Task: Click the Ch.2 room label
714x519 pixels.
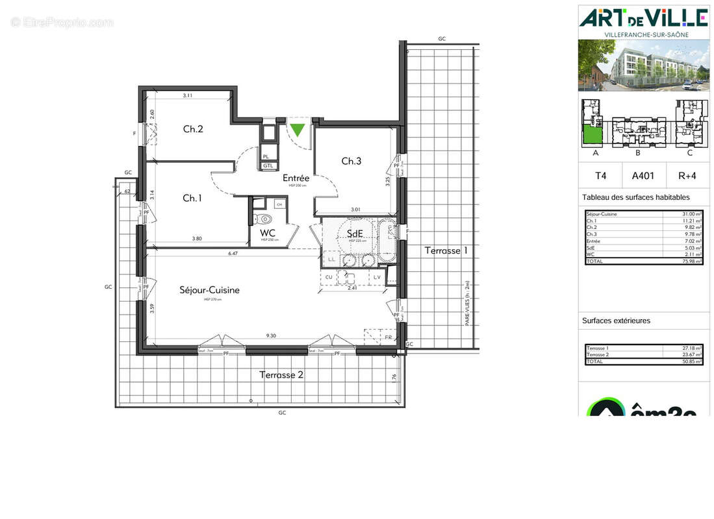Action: [193, 129]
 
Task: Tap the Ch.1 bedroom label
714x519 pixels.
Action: [192, 198]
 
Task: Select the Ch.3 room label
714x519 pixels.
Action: [351, 161]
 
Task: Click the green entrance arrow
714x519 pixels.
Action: [297, 130]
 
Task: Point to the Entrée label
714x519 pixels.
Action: [296, 178]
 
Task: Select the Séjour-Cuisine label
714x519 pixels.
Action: [209, 290]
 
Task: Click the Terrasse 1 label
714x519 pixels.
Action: [446, 250]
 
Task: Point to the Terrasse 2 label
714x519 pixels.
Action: [281, 374]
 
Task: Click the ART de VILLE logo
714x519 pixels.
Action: [643, 17]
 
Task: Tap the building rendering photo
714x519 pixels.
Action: [643, 65]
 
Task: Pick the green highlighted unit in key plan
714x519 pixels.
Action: [592, 136]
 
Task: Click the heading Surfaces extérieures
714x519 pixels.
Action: [616, 320]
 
